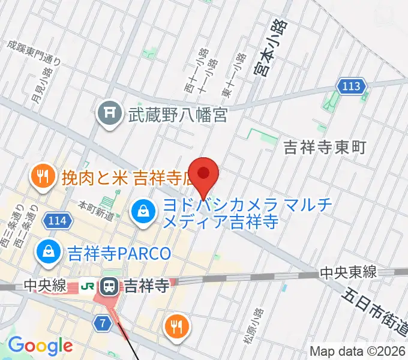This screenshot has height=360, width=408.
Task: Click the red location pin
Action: point(203,174)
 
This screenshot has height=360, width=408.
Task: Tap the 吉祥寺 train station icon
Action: point(110,286)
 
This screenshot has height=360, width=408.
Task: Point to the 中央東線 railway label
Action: point(348,272)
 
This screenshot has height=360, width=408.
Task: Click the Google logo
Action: point(40,346)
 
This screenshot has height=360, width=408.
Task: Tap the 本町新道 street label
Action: point(96,209)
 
